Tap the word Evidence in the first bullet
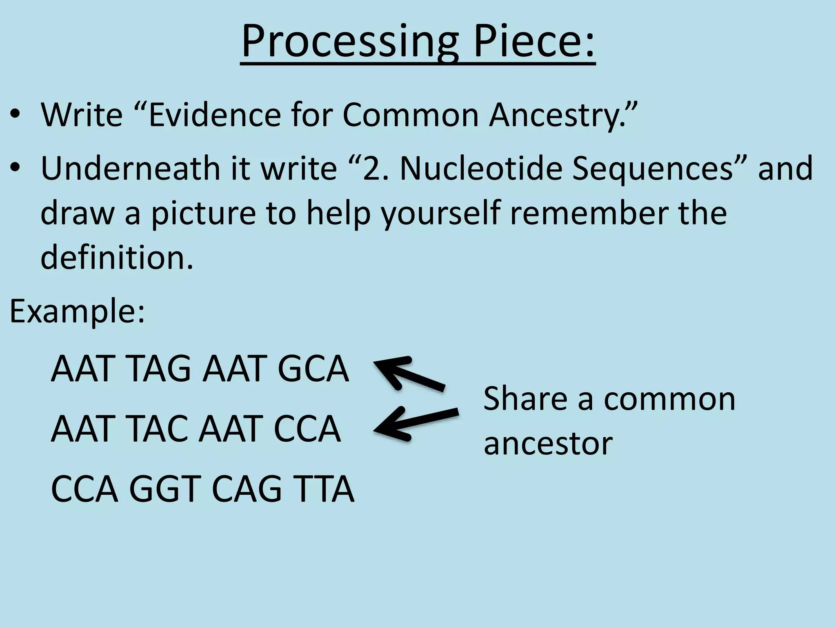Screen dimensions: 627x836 tap(214, 115)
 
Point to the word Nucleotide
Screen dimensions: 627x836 tap(481, 169)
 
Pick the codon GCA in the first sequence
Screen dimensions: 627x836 tap(313, 369)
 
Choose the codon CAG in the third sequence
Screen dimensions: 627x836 tap(247, 489)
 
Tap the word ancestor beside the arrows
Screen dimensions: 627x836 tap(548, 444)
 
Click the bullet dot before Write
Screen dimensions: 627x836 tap(16, 115)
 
